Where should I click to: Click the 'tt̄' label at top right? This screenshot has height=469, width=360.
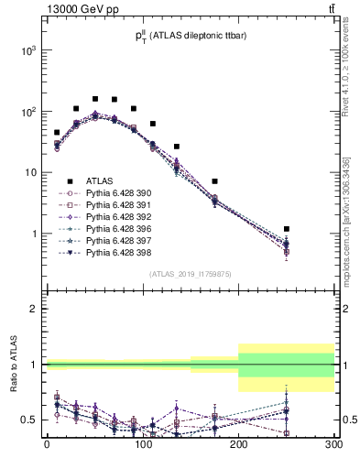(x=331, y=8)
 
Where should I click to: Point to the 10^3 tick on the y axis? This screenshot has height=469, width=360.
(x=29, y=50)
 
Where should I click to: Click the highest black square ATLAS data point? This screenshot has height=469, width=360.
(x=95, y=98)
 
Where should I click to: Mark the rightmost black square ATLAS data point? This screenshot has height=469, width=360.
(x=287, y=229)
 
